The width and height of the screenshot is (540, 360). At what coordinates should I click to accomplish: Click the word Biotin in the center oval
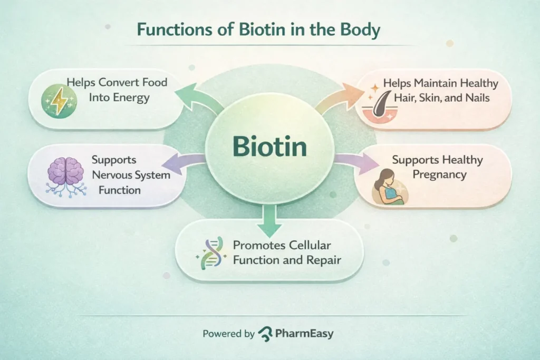coord(269,147)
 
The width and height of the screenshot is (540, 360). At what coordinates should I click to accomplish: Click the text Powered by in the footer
coord(228,334)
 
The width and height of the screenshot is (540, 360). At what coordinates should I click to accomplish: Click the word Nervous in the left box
coord(114,174)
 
